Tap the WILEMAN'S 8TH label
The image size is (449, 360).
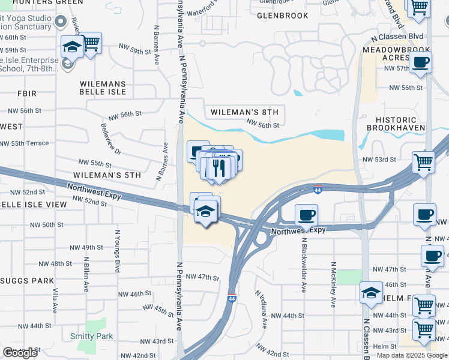(244, 112)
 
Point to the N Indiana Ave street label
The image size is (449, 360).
(261, 310)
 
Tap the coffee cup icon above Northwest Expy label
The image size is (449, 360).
(306, 214)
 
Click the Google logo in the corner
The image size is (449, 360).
(20, 353)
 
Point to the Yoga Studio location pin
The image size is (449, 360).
(60, 22)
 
